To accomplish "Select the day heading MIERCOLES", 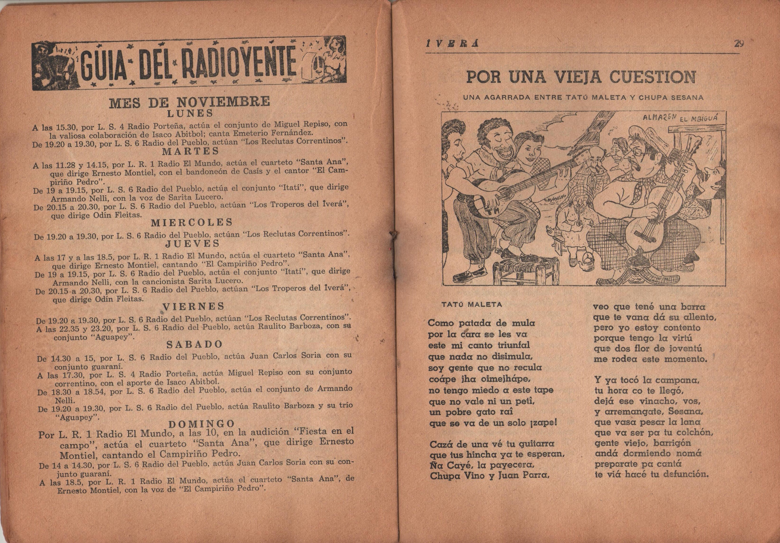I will (x=192, y=223).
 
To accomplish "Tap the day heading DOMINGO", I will (x=201, y=423).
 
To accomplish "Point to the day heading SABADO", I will (x=194, y=344).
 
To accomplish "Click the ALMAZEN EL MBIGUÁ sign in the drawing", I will (x=674, y=118).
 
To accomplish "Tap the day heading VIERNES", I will (x=193, y=307).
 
